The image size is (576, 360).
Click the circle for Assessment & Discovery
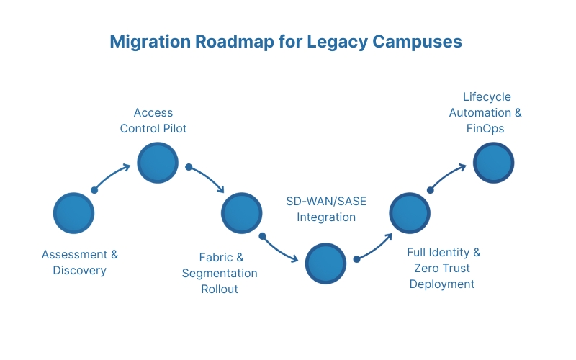coord(74,213)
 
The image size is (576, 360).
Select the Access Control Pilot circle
coord(157,163)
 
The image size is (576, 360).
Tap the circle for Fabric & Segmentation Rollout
coord(242,212)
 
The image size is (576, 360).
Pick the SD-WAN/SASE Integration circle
coord(326,263)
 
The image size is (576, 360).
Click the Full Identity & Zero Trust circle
coord(410,213)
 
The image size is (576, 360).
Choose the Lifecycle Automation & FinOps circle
coord(493,163)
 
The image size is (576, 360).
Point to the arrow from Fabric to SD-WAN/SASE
coord(281,249)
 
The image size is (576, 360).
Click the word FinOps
coord(485,129)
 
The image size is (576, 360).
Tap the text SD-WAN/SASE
coord(326,201)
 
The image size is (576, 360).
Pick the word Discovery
coord(79,271)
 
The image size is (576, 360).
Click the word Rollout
coord(219,289)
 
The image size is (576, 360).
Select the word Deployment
coord(442,284)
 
